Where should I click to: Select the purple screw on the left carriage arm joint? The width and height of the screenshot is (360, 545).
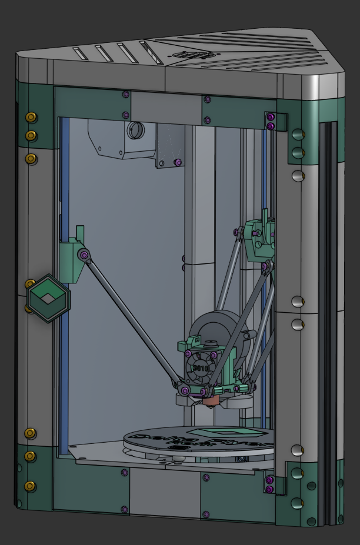click(x=85, y=255)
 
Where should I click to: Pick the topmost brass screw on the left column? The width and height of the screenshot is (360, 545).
click(x=31, y=117)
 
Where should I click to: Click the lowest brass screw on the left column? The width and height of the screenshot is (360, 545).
click(x=31, y=486)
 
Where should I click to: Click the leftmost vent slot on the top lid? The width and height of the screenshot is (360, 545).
click(x=81, y=54)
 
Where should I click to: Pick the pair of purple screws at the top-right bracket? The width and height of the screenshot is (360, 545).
click(x=270, y=122)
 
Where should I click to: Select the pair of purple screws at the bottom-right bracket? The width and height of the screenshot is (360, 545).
click(x=269, y=485)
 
